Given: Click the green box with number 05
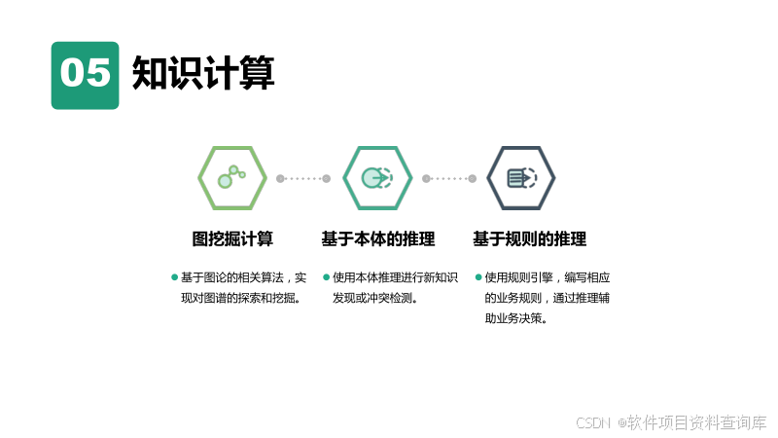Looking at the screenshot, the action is point(85,75).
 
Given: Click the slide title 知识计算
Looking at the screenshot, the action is point(203,73).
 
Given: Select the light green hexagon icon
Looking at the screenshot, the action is point(232,178).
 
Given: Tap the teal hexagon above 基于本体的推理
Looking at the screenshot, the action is point(377,178).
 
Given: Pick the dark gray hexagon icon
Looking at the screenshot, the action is point(520,178).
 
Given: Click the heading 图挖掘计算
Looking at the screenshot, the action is point(232,239).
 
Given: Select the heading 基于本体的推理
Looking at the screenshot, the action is point(377,239).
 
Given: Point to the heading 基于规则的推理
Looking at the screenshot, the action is point(529,239).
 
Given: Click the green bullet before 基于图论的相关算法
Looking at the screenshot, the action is point(175,277).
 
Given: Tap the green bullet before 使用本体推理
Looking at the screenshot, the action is point(327,277).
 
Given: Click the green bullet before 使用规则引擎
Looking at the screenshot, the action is point(478,277).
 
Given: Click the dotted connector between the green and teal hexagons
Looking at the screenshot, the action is point(303,178).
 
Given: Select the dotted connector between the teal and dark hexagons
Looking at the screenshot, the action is point(449,178).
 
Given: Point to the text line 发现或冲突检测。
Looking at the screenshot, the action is point(374,298).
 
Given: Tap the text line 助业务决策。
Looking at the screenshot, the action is point(515,318).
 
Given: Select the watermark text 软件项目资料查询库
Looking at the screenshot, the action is point(696,423).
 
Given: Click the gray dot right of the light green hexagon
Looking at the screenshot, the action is point(280,178).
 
